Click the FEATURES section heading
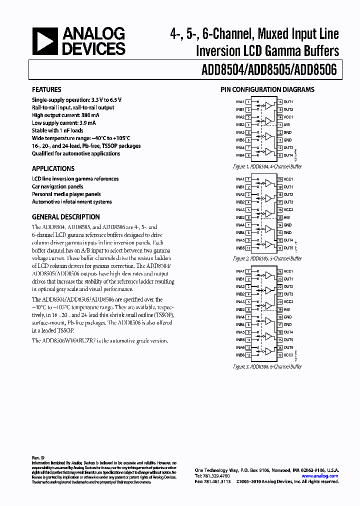[x=46, y=89]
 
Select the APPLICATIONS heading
[x=53, y=168]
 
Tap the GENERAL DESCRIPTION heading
[x=65, y=217]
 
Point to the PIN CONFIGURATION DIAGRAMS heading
[x=267, y=90]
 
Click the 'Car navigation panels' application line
[x=57, y=186]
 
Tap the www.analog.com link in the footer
[x=320, y=476]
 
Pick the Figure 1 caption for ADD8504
[x=267, y=166]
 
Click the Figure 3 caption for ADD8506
[x=267, y=366]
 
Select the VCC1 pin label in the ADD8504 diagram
[x=289, y=117]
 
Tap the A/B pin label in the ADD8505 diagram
[x=287, y=217]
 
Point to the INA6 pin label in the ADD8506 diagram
[x=240, y=347]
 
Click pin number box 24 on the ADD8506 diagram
[x=280, y=271]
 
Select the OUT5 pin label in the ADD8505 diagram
[x=289, y=247]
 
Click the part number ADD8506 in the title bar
[x=316, y=70]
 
